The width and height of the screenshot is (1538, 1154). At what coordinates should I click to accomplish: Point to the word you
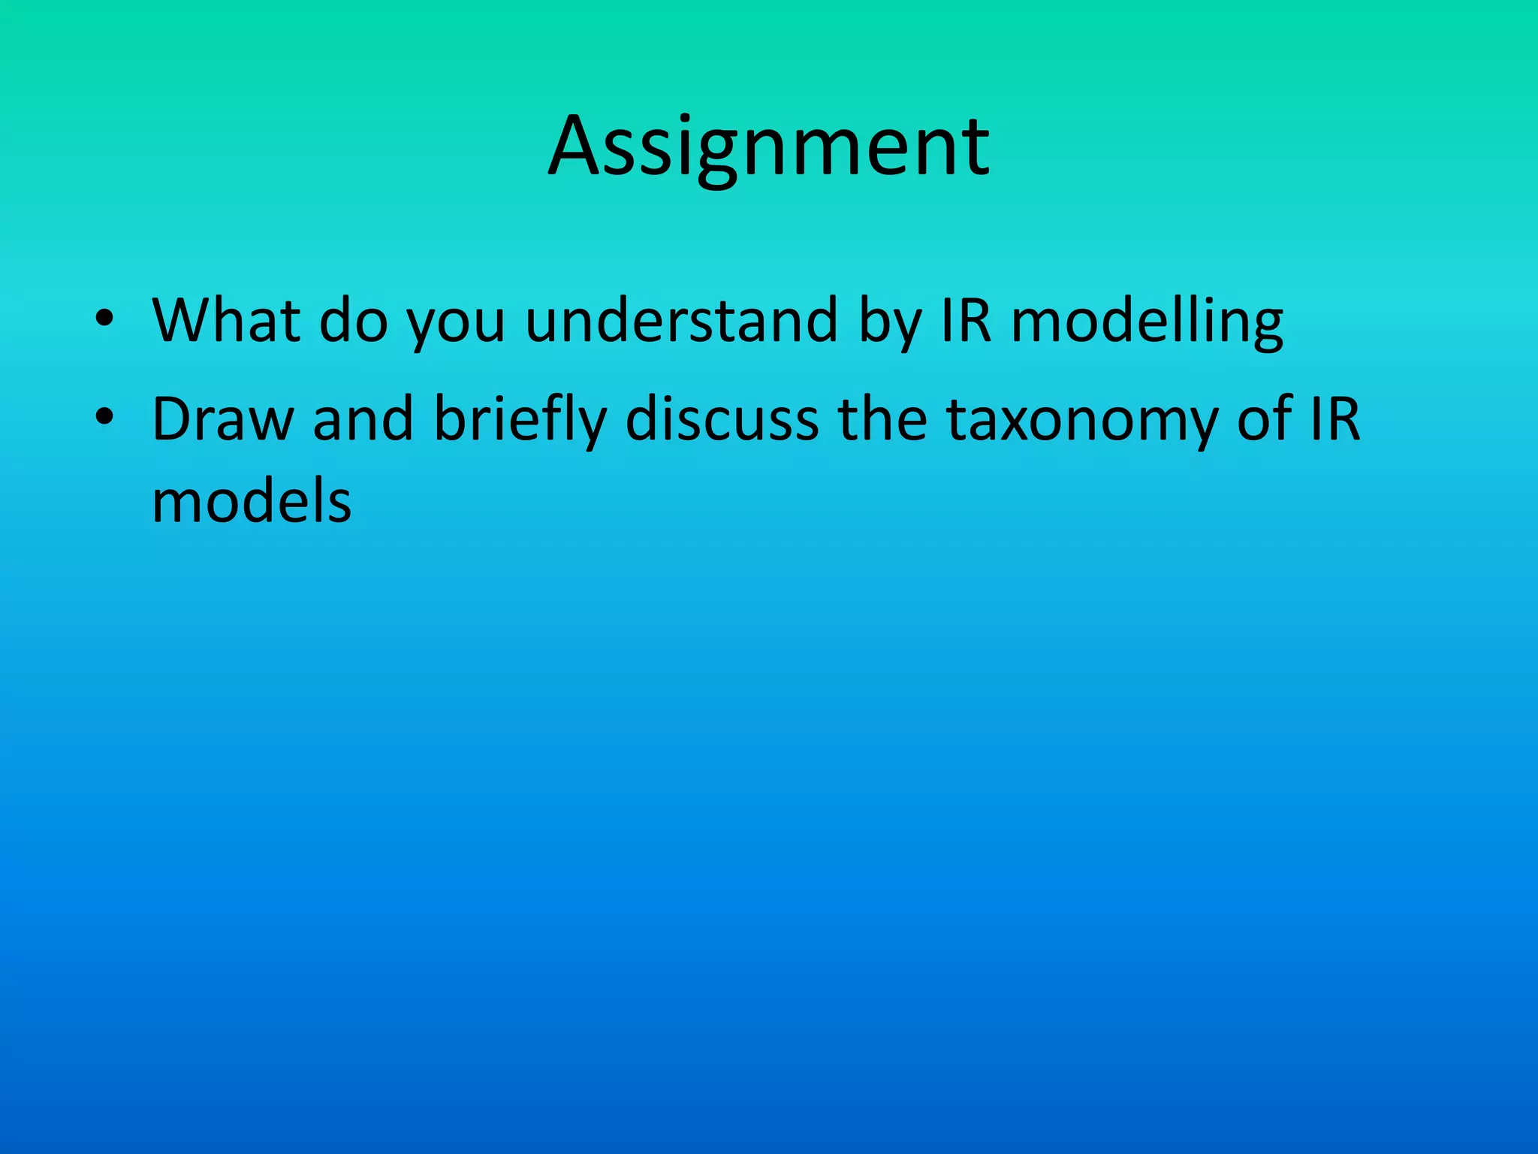click(x=456, y=328)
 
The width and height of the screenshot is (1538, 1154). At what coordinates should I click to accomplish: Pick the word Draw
click(x=223, y=418)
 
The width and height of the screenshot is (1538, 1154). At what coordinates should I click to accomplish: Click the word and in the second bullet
click(x=363, y=418)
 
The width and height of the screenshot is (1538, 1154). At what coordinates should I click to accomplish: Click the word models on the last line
click(x=252, y=501)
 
